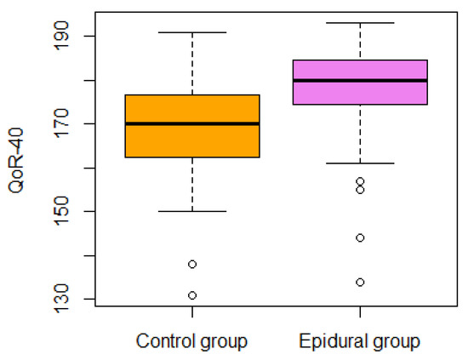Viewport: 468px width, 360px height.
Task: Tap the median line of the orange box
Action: tap(192, 123)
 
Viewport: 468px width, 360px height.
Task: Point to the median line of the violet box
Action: tap(360, 80)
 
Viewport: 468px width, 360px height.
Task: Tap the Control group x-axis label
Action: tap(192, 342)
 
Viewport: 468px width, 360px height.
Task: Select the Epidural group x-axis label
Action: tap(360, 342)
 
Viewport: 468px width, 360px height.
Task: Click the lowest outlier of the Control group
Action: tap(192, 295)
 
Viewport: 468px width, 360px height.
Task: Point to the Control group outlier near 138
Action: tap(192, 264)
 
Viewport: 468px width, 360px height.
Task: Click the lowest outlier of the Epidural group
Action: tap(360, 282)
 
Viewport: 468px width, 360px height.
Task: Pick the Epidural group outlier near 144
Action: tap(360, 237)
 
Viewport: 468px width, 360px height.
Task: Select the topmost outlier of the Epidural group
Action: tap(360, 181)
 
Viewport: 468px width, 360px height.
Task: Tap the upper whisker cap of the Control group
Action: tap(192, 32)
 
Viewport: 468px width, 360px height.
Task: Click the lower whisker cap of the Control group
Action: tap(192, 211)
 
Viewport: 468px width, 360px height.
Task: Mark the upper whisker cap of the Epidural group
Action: tap(360, 23)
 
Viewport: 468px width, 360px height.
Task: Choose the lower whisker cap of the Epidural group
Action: tap(360, 163)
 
